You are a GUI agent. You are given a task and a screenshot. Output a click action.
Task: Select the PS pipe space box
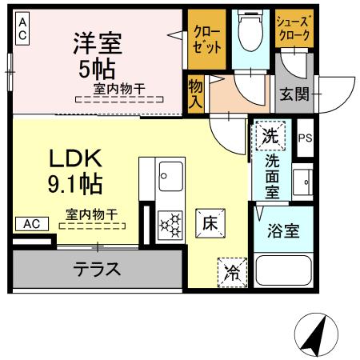(x=304, y=138)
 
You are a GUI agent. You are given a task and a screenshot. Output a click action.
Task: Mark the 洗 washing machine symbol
(x=272, y=136)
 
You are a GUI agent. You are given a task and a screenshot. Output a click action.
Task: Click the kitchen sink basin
(x=170, y=172)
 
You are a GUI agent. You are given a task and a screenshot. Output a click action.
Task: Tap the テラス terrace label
(x=98, y=270)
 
